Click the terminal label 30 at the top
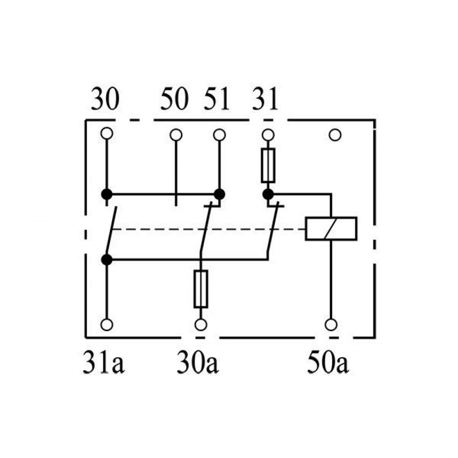coord(105,99)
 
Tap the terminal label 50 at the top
coord(174,99)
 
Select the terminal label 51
coord(217,99)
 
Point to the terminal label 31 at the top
coord(265,99)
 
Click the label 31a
coord(104,362)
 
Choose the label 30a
coord(198,362)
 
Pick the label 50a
coord(328,362)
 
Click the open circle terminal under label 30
coord(107,133)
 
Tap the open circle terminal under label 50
coord(176,135)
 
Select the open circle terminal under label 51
coord(219,135)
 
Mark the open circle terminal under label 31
coord(268,135)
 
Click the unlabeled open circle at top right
coord(335,135)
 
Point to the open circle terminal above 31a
coord(107,325)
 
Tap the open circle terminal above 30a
coord(201,325)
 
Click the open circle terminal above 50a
coord(331,325)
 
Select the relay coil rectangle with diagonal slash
coord(331,229)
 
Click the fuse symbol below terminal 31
coord(268,166)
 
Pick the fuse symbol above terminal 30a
coord(201,289)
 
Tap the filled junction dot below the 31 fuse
coord(268,194)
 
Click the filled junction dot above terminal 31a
coord(107,259)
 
